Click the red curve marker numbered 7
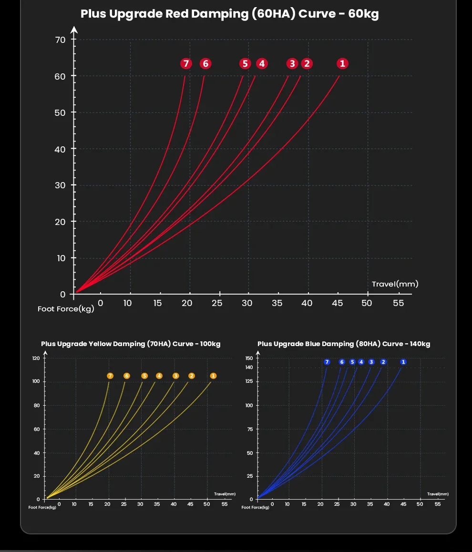(186, 63)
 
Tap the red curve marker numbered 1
(342, 63)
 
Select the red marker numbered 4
(261, 63)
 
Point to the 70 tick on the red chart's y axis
(60, 40)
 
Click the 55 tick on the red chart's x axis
(398, 303)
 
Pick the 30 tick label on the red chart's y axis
(60, 185)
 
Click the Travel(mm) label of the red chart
(395, 284)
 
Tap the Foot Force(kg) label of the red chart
(66, 309)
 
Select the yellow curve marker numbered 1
(213, 376)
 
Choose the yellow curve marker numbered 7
(110, 376)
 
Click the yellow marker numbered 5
(144, 376)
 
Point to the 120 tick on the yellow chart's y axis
(36, 358)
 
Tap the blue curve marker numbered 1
(403, 362)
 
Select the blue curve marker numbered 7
(327, 362)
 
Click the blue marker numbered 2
(383, 362)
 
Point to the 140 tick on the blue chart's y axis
(249, 367)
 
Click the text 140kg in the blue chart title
(420, 344)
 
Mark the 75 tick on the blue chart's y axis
(250, 429)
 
